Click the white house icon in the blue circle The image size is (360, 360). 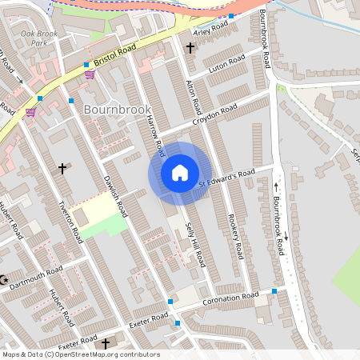click(179, 173)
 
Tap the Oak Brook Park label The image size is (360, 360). click(39, 39)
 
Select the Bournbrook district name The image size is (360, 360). click(118, 107)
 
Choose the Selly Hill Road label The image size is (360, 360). click(196, 245)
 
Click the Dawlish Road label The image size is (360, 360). click(116, 196)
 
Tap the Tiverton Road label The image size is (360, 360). click(70, 220)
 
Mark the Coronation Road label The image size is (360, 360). click(231, 298)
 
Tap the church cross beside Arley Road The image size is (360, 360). click(190, 48)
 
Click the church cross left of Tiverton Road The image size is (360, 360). click(62, 169)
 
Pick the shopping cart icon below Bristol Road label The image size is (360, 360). click(90, 74)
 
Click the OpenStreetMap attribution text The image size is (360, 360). click(80, 354)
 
